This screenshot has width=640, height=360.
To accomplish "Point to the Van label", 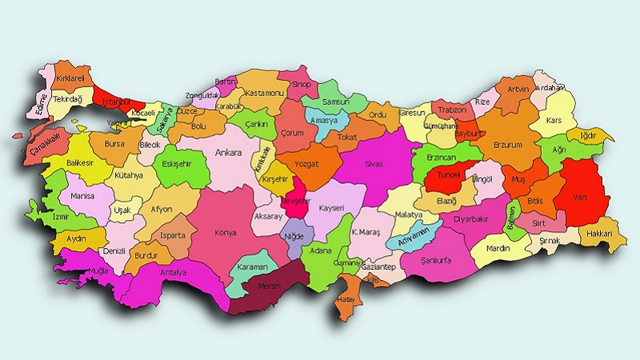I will point(582,195).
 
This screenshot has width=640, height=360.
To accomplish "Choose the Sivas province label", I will point(374,163).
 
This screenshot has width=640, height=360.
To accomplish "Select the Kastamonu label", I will point(264,94).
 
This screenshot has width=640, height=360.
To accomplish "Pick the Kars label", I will point(554,121).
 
